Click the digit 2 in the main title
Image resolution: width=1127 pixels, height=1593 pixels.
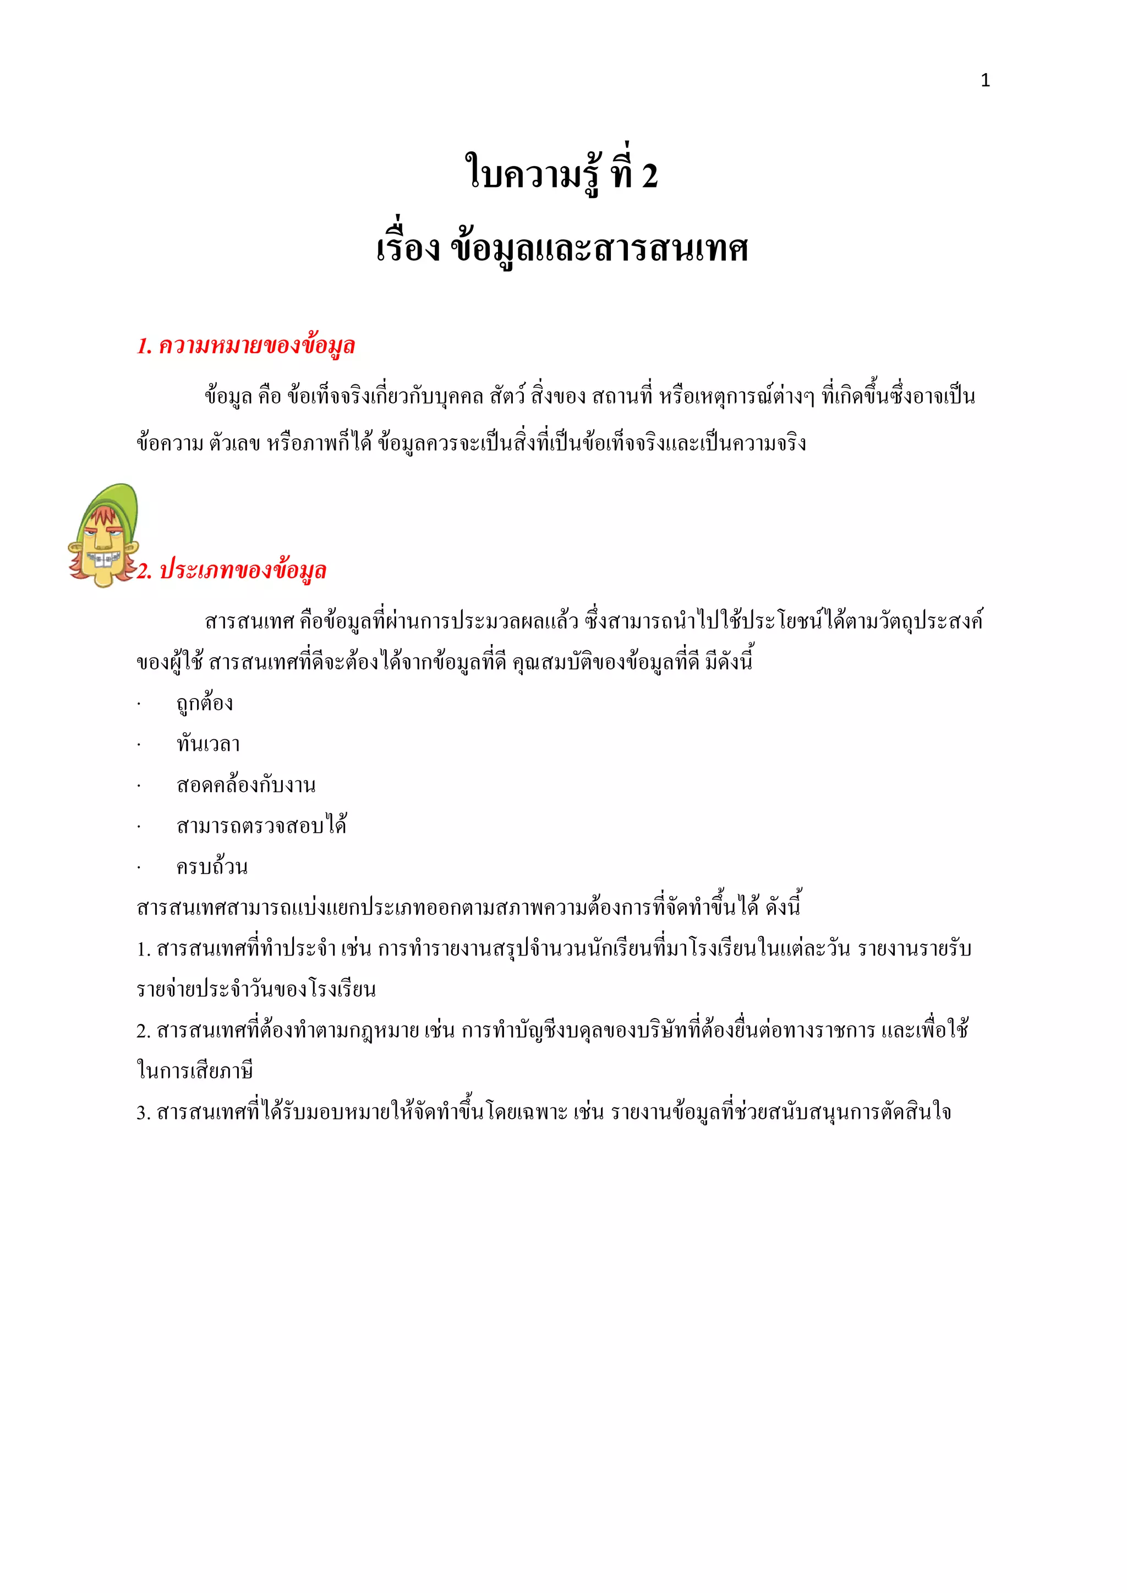click(x=649, y=175)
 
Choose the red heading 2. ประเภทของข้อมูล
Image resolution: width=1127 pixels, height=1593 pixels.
click(x=232, y=570)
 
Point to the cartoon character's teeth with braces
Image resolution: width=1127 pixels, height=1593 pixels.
click(x=102, y=558)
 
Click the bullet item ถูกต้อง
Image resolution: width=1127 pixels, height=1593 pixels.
click(x=205, y=704)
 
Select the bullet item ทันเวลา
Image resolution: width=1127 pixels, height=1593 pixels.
click(x=208, y=744)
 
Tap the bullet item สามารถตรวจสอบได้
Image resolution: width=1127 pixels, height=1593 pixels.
click(x=261, y=826)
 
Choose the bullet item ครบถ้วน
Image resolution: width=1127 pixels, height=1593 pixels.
click(x=212, y=866)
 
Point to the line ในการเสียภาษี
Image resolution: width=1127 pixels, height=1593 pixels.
click(x=195, y=1071)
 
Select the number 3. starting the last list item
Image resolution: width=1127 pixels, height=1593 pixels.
click(x=143, y=1113)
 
